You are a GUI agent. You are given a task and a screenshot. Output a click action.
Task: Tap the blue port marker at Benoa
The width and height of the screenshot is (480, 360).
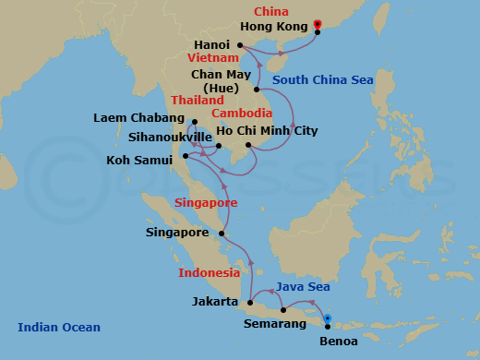pos(328,319)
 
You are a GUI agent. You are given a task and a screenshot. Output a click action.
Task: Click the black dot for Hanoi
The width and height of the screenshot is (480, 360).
pos(239,44)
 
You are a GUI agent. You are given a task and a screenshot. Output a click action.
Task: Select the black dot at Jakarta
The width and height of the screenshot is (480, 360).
pos(248,302)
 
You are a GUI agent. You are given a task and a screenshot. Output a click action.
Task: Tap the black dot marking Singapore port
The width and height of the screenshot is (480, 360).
pos(221,234)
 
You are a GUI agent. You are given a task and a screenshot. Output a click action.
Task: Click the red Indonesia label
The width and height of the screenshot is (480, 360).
pos(210,273)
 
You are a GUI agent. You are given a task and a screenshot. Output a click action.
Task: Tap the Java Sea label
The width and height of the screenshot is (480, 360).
pos(305,287)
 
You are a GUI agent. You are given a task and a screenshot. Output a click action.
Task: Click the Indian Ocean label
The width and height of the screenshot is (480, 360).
pos(59,327)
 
